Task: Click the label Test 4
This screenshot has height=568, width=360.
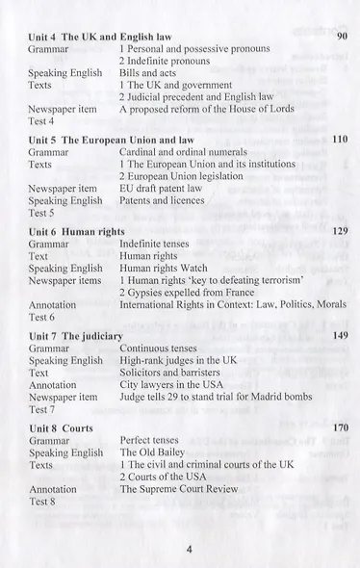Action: [41, 122]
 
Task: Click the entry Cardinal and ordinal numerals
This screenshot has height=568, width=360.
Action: [183, 152]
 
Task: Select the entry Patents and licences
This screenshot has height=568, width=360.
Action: [162, 201]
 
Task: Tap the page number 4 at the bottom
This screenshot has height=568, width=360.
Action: [190, 550]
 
